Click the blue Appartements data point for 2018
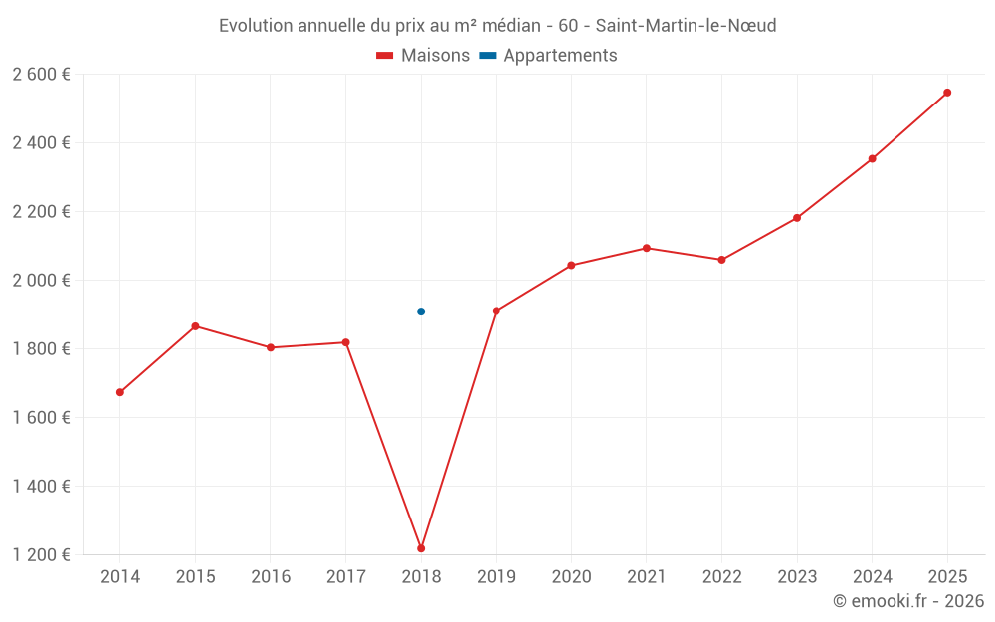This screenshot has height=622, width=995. pyautogui.click(x=421, y=311)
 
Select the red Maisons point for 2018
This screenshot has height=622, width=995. pyautogui.click(x=421, y=548)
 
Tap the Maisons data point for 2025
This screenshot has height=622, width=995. pyautogui.click(x=947, y=93)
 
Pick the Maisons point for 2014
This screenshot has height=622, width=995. pyautogui.click(x=120, y=392)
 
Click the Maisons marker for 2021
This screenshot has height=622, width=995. pyautogui.click(x=647, y=248)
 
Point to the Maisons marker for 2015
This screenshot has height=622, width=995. pyautogui.click(x=195, y=326)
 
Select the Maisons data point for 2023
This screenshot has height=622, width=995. pyautogui.click(x=797, y=218)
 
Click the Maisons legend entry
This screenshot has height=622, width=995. pyautogui.click(x=423, y=56)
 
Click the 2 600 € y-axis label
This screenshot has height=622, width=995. pyautogui.click(x=41, y=74)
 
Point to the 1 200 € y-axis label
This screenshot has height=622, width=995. pyautogui.click(x=41, y=555)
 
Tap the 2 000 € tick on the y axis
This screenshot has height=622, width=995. pyautogui.click(x=41, y=281)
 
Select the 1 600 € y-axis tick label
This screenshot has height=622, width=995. pyautogui.click(x=41, y=418)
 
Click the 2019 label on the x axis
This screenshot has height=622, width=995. pyautogui.click(x=496, y=577)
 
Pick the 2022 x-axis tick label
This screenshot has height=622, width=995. pyautogui.click(x=721, y=577)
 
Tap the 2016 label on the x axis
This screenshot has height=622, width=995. pyautogui.click(x=271, y=577)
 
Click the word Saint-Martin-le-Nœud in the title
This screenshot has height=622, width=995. pyautogui.click(x=686, y=26)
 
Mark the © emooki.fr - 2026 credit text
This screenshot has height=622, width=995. pyautogui.click(x=907, y=601)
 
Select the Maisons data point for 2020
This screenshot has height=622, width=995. pyautogui.click(x=571, y=266)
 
